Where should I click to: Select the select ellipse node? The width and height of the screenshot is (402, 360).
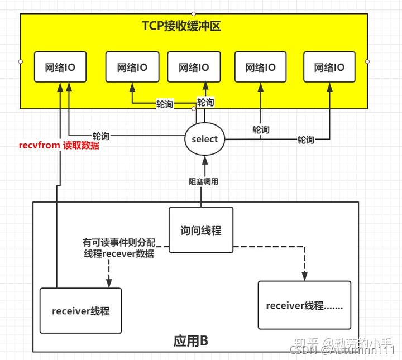click(204, 139)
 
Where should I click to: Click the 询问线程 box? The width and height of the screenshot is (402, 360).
click(200, 230)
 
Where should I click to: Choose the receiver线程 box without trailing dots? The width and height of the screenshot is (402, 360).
click(80, 311)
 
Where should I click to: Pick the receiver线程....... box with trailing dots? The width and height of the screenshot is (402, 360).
click(304, 305)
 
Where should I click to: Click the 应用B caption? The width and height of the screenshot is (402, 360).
click(192, 340)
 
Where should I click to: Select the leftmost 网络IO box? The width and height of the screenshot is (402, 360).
click(60, 68)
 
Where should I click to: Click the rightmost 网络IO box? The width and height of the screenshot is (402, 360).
click(329, 68)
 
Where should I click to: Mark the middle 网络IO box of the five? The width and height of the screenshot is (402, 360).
click(194, 68)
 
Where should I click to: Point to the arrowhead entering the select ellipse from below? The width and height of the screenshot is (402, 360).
click(205, 160)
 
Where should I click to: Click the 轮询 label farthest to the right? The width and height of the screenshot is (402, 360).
click(305, 140)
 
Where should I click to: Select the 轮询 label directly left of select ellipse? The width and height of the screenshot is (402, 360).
click(100, 136)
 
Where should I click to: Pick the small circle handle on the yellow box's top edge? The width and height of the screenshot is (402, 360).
click(193, 13)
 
